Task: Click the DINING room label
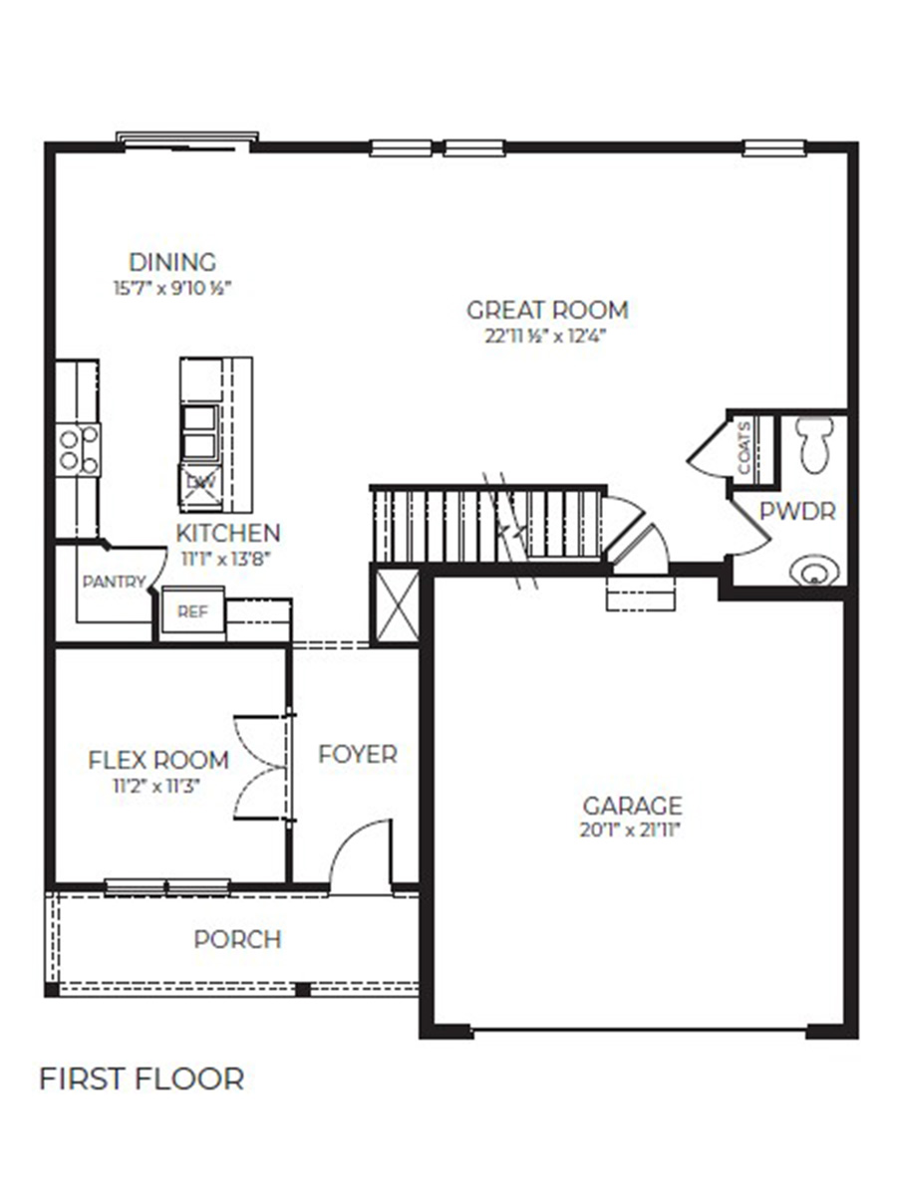(172, 263)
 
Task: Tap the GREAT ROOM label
(547, 310)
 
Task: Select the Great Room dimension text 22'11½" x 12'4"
(547, 336)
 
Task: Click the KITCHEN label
(228, 533)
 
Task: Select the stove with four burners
(78, 449)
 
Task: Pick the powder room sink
(814, 571)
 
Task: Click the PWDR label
(797, 512)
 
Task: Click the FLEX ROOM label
(158, 761)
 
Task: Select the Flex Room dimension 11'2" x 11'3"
(158, 785)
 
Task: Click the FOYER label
(358, 755)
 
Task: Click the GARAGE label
(633, 805)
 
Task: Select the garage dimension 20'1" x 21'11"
(633, 830)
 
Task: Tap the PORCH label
(237, 939)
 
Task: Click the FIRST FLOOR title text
(142, 1079)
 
